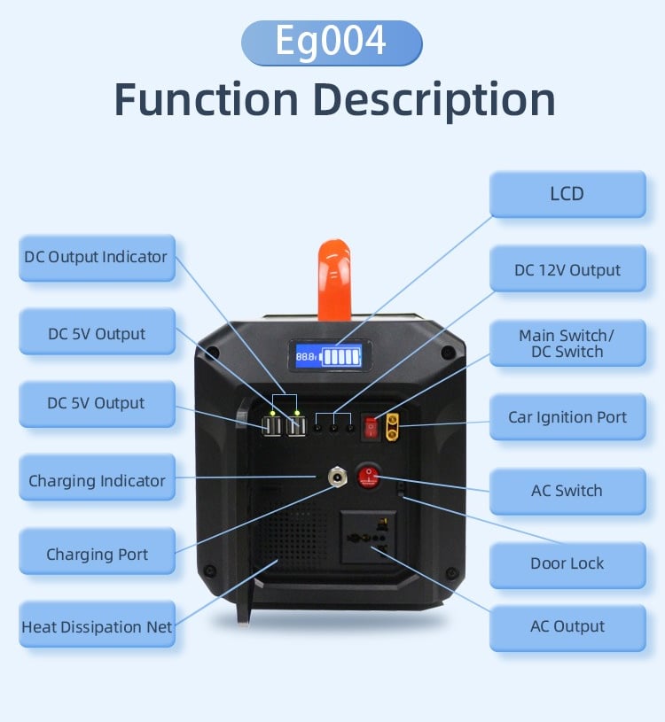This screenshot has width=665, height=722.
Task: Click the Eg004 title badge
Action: [x=332, y=43]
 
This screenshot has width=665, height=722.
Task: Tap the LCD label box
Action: [x=567, y=194]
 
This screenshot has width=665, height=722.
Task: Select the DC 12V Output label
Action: [x=567, y=270]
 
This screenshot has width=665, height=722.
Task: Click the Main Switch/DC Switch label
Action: [x=567, y=344]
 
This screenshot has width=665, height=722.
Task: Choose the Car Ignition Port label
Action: [x=567, y=417]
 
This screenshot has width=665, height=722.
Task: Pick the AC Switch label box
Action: [x=567, y=491]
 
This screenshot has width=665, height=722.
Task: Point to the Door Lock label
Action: [x=567, y=563]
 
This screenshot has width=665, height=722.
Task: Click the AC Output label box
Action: [x=567, y=627]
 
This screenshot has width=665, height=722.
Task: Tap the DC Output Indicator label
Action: [x=97, y=258]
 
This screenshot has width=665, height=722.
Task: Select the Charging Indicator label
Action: [x=97, y=481]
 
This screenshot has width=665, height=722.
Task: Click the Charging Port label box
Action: [x=97, y=555]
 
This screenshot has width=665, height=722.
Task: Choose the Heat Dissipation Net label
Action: [x=97, y=627]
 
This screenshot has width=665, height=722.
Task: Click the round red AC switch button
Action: [x=368, y=477]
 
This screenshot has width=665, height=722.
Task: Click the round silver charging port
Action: [x=337, y=477]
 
